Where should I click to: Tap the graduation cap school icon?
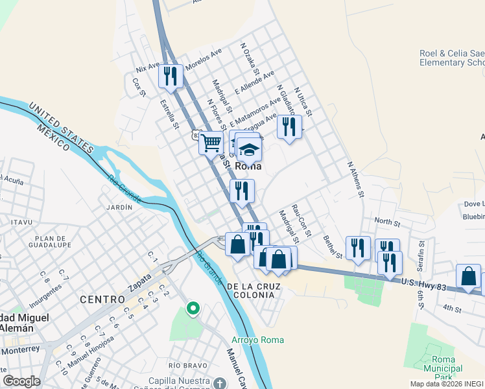pos(248,150)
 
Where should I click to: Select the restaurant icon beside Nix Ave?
pos(171,75)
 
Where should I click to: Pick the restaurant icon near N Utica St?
pos(289,125)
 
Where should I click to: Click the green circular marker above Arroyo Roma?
pos(192,309)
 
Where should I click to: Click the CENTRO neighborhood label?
pos(102,300)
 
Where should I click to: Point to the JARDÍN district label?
pos(119,207)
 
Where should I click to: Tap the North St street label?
pos(387,223)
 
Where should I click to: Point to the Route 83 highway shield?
pos(196,135)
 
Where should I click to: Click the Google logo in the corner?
pos(21,381)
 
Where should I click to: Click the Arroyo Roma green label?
pos(258,340)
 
